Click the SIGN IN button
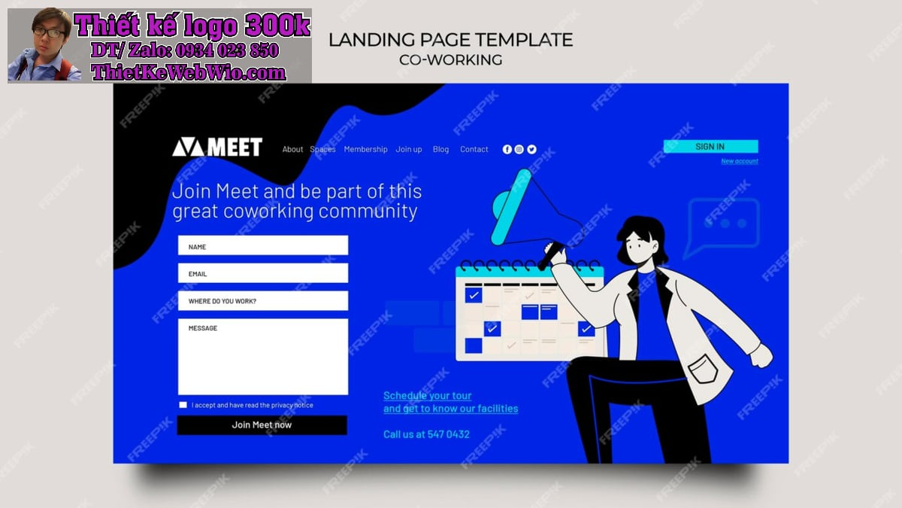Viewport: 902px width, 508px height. click(x=711, y=146)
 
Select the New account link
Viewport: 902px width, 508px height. click(x=740, y=161)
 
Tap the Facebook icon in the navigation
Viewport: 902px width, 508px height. click(x=507, y=150)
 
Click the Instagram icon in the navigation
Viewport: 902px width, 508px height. click(x=519, y=150)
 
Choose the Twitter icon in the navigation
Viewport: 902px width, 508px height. click(x=531, y=150)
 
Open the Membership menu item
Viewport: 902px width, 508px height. click(x=365, y=150)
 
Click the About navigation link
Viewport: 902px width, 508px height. click(x=292, y=150)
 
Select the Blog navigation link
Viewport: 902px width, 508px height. click(x=440, y=150)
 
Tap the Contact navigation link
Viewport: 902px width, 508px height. click(x=474, y=150)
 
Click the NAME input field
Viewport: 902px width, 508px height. click(x=263, y=245)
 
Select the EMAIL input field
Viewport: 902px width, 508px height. click(x=263, y=273)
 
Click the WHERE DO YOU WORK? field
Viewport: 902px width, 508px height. click(x=263, y=301)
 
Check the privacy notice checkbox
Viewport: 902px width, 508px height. click(x=183, y=405)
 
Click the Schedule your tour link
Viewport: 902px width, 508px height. click(x=427, y=396)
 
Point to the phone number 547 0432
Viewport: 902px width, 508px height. click(x=448, y=435)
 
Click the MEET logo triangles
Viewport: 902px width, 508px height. click(x=189, y=148)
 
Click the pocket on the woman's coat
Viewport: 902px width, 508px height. click(x=703, y=369)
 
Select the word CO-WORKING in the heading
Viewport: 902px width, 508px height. click(x=450, y=60)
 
